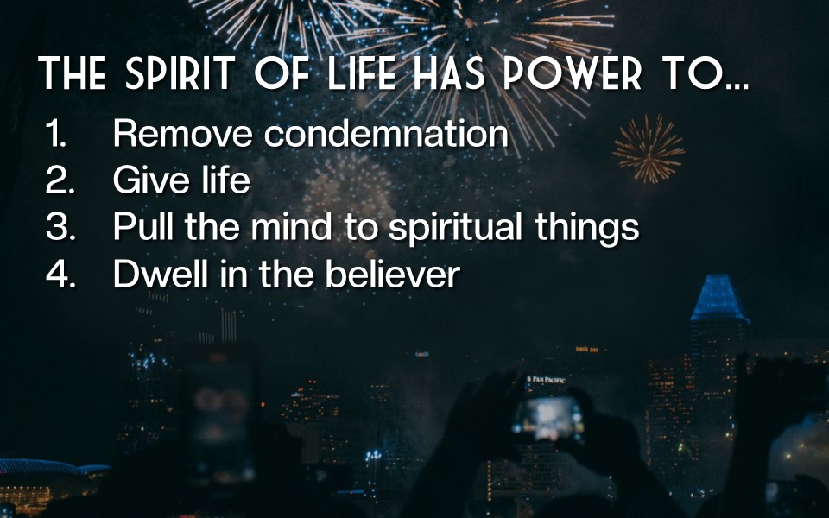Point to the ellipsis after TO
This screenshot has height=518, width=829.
(x=738, y=85)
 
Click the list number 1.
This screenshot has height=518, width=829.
(x=56, y=133)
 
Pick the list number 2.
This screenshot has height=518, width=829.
(x=60, y=180)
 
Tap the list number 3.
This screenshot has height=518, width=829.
(x=60, y=227)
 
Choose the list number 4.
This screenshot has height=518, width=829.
(x=60, y=274)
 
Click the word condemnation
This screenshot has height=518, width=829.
(x=386, y=133)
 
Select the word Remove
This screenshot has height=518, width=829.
(x=182, y=133)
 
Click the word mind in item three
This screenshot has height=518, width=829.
(x=291, y=226)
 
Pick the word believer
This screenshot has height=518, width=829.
(x=392, y=274)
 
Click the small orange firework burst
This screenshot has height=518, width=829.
(x=649, y=149)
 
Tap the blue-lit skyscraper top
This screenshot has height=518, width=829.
(x=719, y=298)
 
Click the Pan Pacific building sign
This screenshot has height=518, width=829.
(x=546, y=380)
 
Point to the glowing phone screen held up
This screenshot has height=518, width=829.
(x=547, y=419)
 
